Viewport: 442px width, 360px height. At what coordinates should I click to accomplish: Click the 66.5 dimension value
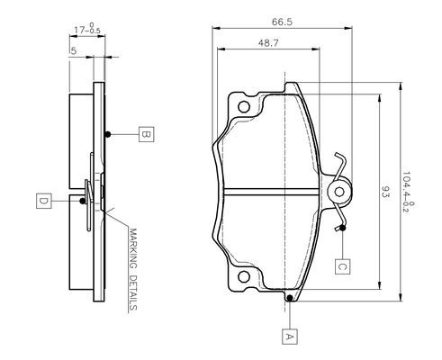click(x=282, y=22)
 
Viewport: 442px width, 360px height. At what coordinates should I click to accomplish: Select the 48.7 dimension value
click(x=268, y=43)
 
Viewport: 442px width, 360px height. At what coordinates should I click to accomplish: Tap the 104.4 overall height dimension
click(x=408, y=192)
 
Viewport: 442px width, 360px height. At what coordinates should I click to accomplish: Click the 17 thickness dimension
click(x=87, y=29)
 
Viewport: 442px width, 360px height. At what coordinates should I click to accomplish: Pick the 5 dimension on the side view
click(x=73, y=51)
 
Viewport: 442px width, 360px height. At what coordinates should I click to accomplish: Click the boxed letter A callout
click(x=290, y=337)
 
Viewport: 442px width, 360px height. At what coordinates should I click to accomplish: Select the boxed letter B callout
click(x=147, y=134)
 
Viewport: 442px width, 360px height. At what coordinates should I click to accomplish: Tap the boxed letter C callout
click(x=343, y=266)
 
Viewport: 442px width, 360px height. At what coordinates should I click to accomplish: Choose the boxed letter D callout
click(x=44, y=201)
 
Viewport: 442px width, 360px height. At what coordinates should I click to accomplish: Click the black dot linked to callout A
click(x=290, y=298)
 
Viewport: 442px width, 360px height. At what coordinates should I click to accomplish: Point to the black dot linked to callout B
click(x=108, y=134)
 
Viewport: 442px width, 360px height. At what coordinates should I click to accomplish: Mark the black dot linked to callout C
click(x=343, y=228)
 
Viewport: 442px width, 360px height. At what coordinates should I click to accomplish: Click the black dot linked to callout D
click(x=82, y=201)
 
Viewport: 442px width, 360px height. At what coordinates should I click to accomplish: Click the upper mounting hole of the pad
click(x=244, y=106)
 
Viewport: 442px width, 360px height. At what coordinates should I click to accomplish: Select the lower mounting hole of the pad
click(x=244, y=276)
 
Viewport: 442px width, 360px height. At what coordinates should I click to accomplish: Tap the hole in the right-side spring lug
click(x=339, y=192)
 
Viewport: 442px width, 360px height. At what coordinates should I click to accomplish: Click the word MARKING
click(x=133, y=248)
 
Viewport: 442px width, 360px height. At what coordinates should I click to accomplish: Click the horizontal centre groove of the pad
click(x=272, y=192)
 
